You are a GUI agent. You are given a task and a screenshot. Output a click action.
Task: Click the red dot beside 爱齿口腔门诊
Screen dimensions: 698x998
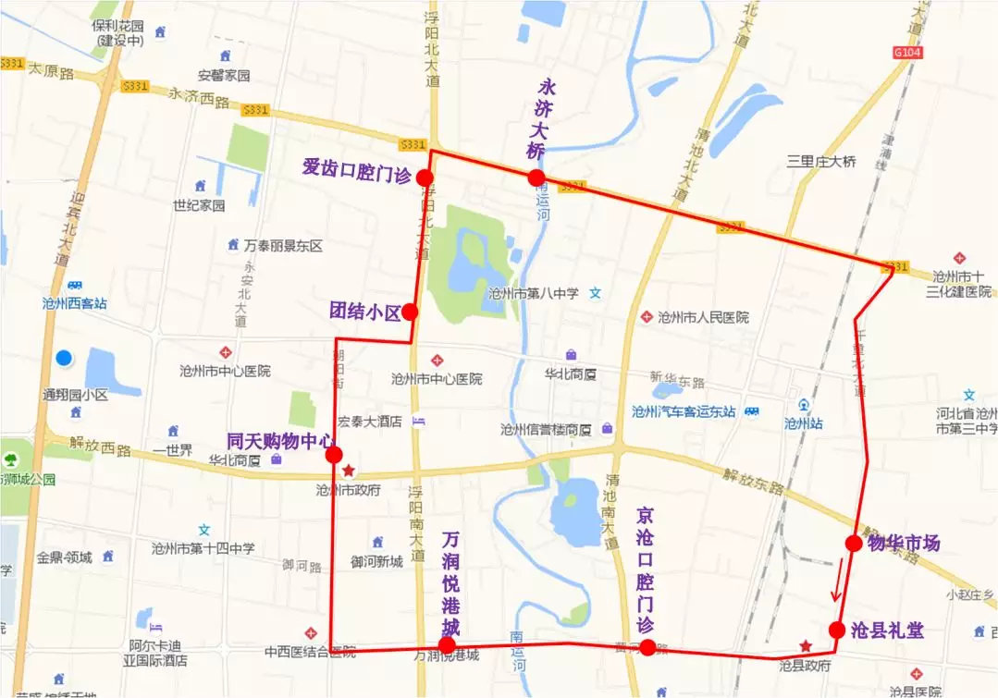[x=425, y=178]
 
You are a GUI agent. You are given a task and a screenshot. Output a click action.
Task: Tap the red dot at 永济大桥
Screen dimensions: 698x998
[x=536, y=178]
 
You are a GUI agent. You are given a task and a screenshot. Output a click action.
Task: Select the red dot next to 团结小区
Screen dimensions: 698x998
[x=410, y=312]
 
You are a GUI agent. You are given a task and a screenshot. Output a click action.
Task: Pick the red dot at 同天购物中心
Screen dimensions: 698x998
[x=334, y=454]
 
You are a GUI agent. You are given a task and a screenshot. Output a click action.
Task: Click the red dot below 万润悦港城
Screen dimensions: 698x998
[x=447, y=644]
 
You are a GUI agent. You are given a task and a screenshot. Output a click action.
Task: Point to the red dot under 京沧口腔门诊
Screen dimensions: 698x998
[x=647, y=647]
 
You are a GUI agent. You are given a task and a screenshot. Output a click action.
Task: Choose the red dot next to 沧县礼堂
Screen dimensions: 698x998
[x=836, y=630]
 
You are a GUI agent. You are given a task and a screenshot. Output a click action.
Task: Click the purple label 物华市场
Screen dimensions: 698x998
[x=904, y=543]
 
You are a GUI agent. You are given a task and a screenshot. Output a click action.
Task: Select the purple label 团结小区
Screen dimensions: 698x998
[x=364, y=312]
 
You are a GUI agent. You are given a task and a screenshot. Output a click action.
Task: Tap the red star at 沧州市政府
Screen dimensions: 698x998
[x=349, y=471]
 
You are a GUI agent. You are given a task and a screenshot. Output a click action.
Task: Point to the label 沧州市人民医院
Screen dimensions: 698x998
[x=703, y=317]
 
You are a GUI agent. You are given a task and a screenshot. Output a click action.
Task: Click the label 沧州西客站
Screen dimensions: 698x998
[x=74, y=302]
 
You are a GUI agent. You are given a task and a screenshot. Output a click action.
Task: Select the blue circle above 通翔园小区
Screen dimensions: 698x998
[x=64, y=358]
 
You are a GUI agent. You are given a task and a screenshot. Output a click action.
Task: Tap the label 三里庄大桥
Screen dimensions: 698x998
[x=821, y=161]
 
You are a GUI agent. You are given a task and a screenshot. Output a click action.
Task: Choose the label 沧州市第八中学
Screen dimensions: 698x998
[x=534, y=293]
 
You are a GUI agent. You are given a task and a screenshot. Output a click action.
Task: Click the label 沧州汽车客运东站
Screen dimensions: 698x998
[x=684, y=411]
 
